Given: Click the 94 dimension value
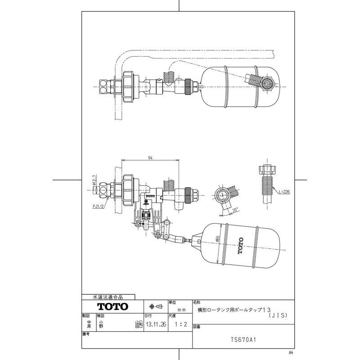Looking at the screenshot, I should click(x=150, y=158).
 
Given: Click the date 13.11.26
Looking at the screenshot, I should click(x=153, y=324).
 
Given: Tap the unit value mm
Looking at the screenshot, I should click(x=182, y=310).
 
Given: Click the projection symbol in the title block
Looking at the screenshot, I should click(x=155, y=306).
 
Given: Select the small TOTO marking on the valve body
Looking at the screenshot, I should click(x=150, y=197).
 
